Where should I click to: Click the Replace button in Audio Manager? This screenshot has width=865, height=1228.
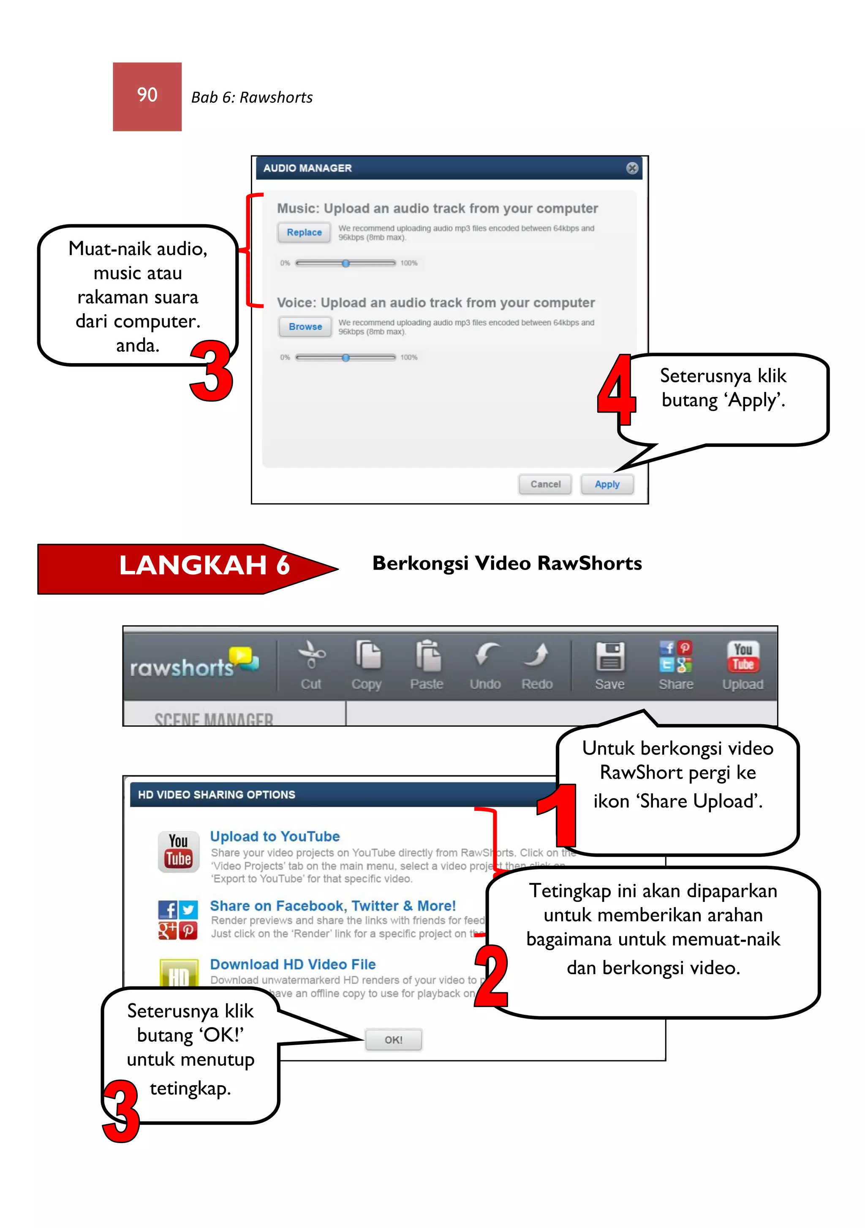(304, 232)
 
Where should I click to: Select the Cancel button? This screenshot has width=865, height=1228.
(545, 484)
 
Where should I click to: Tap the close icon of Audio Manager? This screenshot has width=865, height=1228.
(632, 168)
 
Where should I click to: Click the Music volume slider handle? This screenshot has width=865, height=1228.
(345, 263)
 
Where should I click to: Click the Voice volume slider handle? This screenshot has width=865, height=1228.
(345, 358)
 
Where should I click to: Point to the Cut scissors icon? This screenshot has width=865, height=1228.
(311, 655)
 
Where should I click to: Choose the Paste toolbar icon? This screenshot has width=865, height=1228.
(428, 655)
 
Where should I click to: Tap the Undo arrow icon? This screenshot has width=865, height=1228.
(486, 655)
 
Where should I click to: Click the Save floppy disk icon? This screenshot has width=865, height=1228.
(610, 656)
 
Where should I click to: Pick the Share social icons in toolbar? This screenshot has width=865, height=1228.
(676, 656)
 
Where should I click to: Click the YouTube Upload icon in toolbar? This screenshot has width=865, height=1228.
(743, 656)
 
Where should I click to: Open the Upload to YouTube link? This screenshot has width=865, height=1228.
(275, 836)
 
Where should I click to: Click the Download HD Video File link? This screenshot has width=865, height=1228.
(293, 964)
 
